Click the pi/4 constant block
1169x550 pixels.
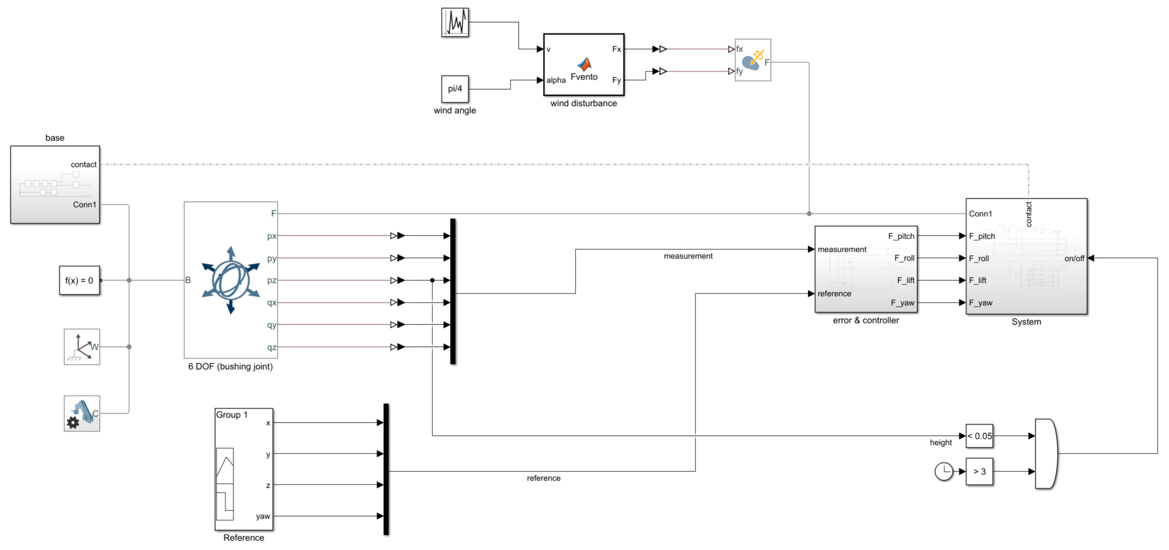tap(455, 89)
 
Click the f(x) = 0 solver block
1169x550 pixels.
tap(79, 280)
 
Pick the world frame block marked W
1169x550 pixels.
tap(82, 347)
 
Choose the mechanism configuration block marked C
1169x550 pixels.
tap(82, 413)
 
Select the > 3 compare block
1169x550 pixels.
tap(979, 472)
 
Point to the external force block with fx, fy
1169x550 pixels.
tap(753, 60)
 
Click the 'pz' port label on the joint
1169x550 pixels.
tap(271, 280)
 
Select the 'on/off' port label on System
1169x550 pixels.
tap(1074, 258)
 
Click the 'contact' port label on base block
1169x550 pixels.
tap(84, 164)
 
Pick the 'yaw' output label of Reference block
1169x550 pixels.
tap(263, 516)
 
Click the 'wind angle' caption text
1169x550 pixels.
tap(455, 110)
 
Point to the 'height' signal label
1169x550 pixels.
tap(941, 442)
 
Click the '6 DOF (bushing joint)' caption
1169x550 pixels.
tap(230, 366)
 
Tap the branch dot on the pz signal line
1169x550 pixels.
tap(432, 280)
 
